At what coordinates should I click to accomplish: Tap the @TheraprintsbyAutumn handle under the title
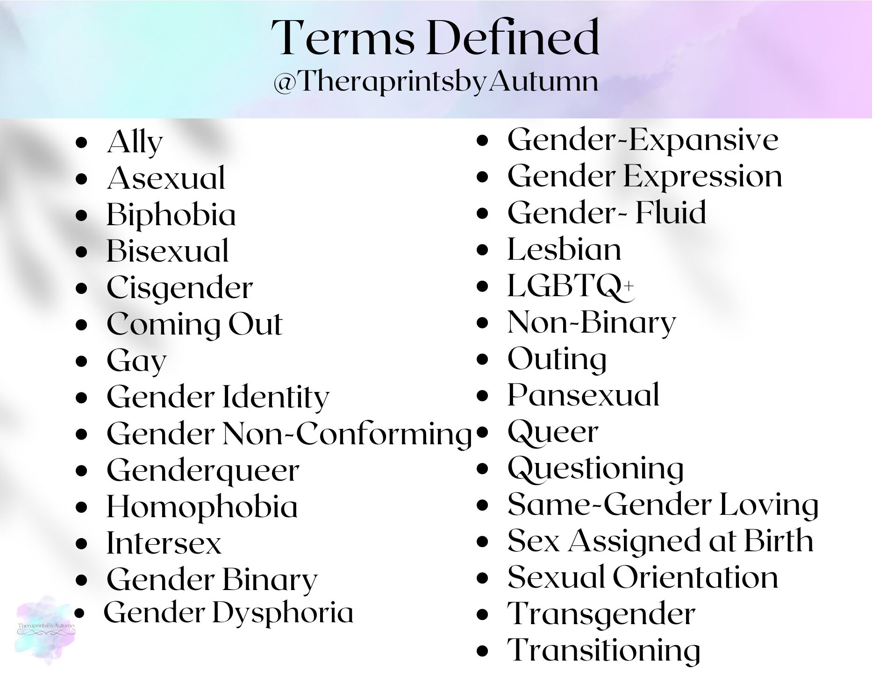[x=435, y=82]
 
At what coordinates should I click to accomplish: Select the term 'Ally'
[x=135, y=142]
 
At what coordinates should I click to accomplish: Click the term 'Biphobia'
[x=171, y=215]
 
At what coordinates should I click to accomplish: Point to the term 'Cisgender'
[x=179, y=288]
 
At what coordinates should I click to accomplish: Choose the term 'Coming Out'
[x=194, y=324]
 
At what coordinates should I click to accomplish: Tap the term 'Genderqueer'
[x=203, y=470]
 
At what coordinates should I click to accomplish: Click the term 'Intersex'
[x=164, y=543]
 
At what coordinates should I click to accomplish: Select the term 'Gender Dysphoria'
[x=229, y=613]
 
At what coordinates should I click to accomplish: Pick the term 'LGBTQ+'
[x=570, y=286]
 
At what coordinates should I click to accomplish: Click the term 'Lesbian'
[x=564, y=249]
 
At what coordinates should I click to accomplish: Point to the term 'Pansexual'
[x=583, y=395]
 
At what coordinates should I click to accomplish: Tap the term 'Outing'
[x=557, y=359]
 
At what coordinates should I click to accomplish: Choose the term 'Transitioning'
[x=603, y=650]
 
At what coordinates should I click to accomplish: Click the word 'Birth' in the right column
[x=779, y=541]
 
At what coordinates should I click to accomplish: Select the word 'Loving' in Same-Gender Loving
[x=769, y=505]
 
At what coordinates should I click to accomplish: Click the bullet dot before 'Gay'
[x=82, y=361]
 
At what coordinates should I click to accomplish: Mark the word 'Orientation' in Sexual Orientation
[x=695, y=577]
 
